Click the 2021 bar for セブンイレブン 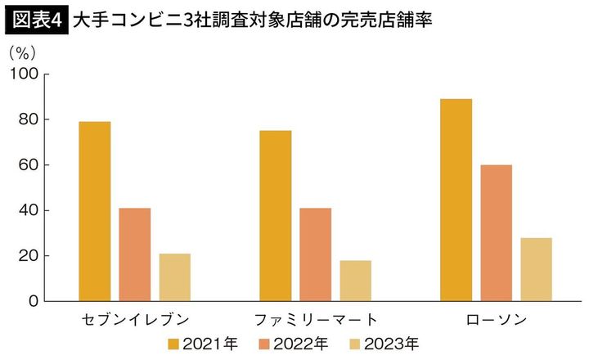(95, 211)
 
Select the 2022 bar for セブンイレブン (135, 254)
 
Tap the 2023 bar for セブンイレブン (175, 277)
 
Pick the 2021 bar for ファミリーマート (275, 216)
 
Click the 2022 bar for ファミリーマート (315, 254)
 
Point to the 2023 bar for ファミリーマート (355, 281)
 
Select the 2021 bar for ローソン (456, 200)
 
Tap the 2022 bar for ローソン (496, 233)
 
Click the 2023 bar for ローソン (536, 269)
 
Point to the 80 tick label (29, 119)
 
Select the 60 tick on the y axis (29, 165)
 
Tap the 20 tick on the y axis (29, 256)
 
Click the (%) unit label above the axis (23, 52)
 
